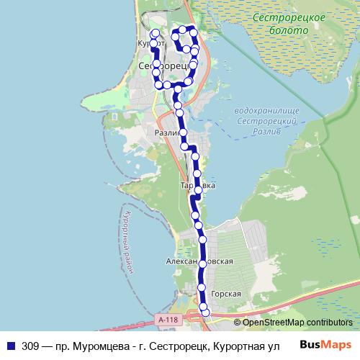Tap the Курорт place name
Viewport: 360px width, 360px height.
click(148, 43)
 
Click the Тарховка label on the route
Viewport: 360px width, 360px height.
click(197, 185)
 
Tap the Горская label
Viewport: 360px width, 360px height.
click(225, 294)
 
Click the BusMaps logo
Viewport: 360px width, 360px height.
click(325, 344)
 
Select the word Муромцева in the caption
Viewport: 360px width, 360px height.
click(93, 345)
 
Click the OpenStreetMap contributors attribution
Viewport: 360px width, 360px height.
click(297, 323)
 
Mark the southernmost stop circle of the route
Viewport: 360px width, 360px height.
click(206, 312)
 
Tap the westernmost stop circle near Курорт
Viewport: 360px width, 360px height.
click(153, 43)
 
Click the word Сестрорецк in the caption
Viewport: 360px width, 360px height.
click(166, 345)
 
